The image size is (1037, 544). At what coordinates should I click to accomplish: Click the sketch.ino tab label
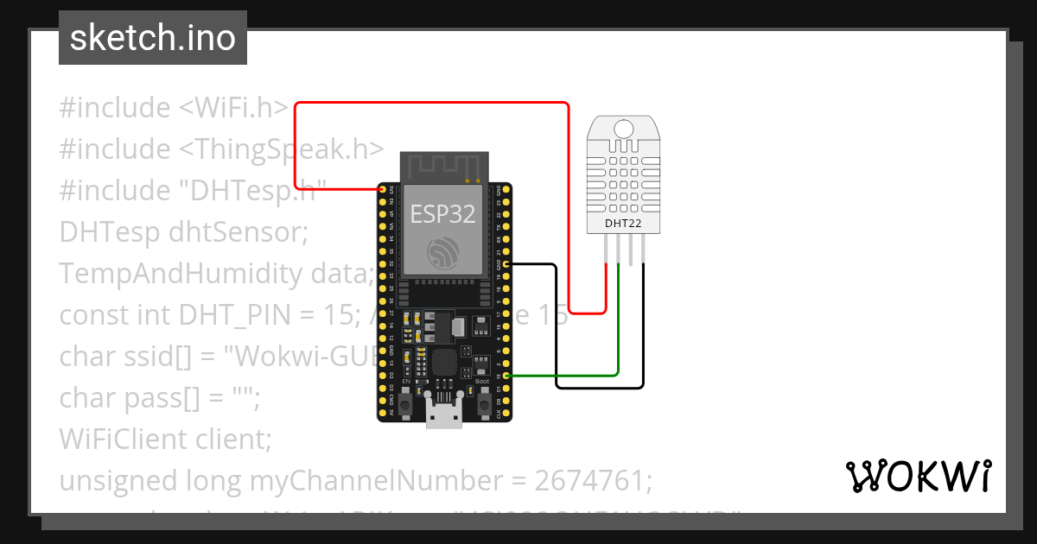click(x=152, y=38)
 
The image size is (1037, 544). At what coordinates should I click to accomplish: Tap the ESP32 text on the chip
click(x=442, y=214)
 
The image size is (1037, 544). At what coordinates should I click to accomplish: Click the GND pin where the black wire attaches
click(x=506, y=263)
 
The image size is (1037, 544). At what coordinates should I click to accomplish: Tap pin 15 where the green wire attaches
click(x=506, y=376)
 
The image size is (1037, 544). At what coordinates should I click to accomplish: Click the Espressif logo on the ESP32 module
click(x=442, y=251)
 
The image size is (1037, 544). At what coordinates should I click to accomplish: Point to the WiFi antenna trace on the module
click(x=442, y=166)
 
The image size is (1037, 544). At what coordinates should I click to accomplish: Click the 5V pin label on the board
click(x=391, y=412)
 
